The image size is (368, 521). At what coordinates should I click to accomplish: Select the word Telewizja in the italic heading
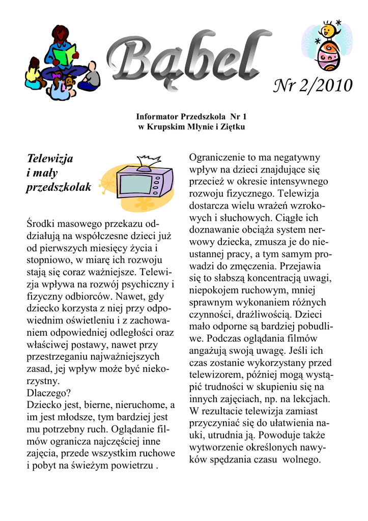click(49, 158)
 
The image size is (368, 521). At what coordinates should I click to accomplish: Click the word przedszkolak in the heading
click(59, 187)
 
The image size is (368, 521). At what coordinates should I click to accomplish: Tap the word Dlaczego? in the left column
click(49, 393)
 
